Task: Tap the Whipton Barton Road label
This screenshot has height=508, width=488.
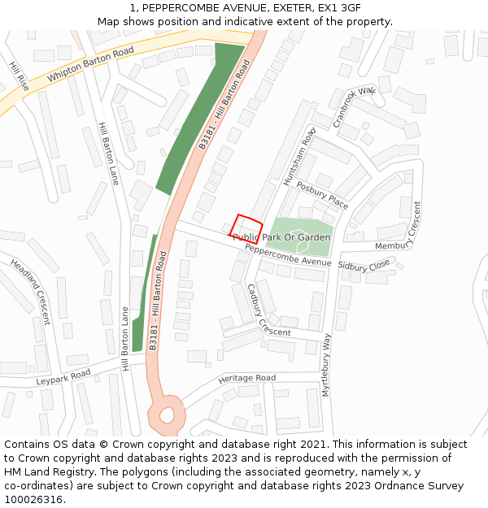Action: point(90,65)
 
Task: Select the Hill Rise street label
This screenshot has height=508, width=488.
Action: point(19,76)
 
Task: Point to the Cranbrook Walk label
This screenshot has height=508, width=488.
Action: point(355,106)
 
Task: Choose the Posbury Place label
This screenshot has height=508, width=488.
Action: point(322,195)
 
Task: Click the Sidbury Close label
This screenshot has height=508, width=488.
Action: point(364,267)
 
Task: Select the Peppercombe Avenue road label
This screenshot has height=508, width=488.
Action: point(288,255)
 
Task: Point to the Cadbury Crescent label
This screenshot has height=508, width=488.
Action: point(269,310)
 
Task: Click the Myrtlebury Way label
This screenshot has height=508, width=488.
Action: point(327,364)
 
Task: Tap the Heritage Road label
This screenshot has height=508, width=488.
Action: point(247,379)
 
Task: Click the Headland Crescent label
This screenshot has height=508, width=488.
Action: point(31,291)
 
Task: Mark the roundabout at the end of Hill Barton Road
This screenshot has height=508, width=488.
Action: point(167,415)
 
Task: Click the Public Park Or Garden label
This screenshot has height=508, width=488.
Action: point(281,237)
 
